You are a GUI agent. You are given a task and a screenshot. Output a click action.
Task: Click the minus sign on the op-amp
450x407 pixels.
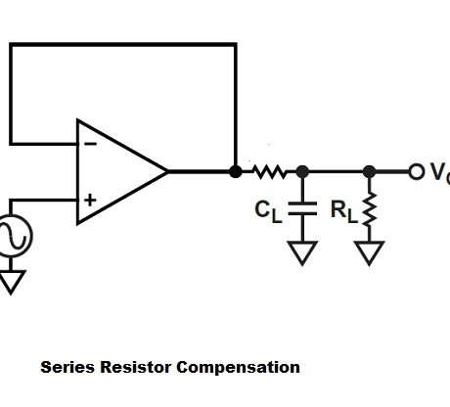coord(90,143)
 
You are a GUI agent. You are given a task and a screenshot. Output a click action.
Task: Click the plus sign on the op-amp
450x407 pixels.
coord(90,200)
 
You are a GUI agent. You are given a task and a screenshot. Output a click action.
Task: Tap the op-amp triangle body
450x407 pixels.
coord(117,171)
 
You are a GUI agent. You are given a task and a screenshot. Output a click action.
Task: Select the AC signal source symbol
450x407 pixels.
coord(14,236)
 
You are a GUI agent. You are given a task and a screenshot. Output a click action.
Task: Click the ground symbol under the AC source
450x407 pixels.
coord(13,283)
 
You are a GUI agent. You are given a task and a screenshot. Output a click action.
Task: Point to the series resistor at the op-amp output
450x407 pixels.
coord(267,171)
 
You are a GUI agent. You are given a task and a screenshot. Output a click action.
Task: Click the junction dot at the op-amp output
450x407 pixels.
coord(236,171)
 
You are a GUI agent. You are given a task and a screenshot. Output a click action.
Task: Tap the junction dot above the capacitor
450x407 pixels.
coord(302,171)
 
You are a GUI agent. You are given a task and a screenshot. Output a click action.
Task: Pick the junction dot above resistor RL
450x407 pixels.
coord(369,171)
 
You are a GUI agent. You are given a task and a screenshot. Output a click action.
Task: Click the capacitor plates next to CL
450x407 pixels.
coord(302,208)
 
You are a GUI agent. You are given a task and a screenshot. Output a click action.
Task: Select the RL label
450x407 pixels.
coord(344,209)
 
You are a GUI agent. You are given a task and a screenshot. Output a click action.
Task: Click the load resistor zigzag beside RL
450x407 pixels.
coord(369,209)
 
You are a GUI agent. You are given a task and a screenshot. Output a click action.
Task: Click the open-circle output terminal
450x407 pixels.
coord(417,171)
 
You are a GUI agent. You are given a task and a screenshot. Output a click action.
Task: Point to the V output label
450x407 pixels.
coord(438,173)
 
